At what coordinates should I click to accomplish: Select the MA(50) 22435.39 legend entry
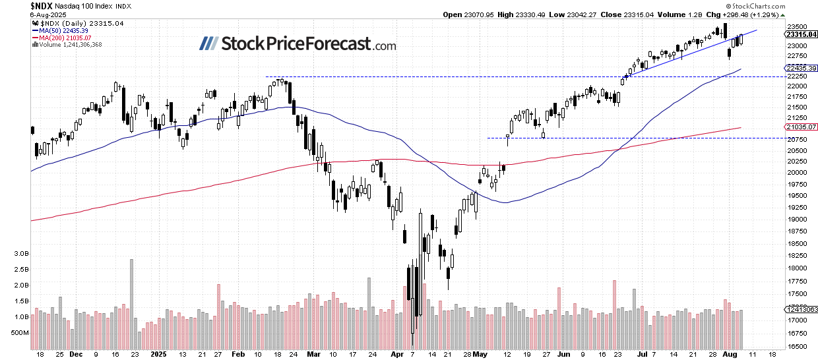[x=67, y=30]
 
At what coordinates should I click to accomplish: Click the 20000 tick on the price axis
[x=796, y=173]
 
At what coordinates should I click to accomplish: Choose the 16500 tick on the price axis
[x=796, y=346]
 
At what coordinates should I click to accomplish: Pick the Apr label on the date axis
[x=396, y=353]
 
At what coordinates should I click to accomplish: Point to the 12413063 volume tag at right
[x=800, y=309]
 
